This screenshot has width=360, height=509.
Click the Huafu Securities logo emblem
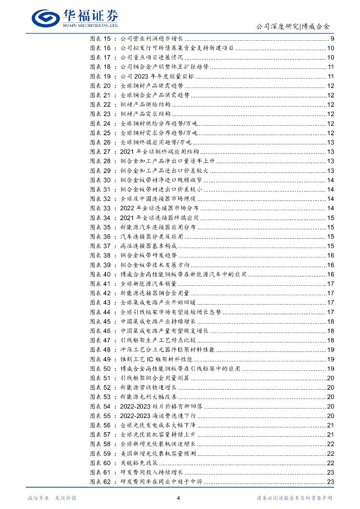(x=47, y=17)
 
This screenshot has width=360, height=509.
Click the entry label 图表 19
(x=99, y=77)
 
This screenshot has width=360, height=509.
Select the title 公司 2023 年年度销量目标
(x=157, y=77)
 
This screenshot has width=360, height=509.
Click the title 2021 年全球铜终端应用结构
(x=160, y=152)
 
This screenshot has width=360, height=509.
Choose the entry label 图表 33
(x=99, y=208)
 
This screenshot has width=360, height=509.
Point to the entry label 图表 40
(x=99, y=274)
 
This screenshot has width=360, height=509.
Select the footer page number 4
(x=179, y=498)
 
